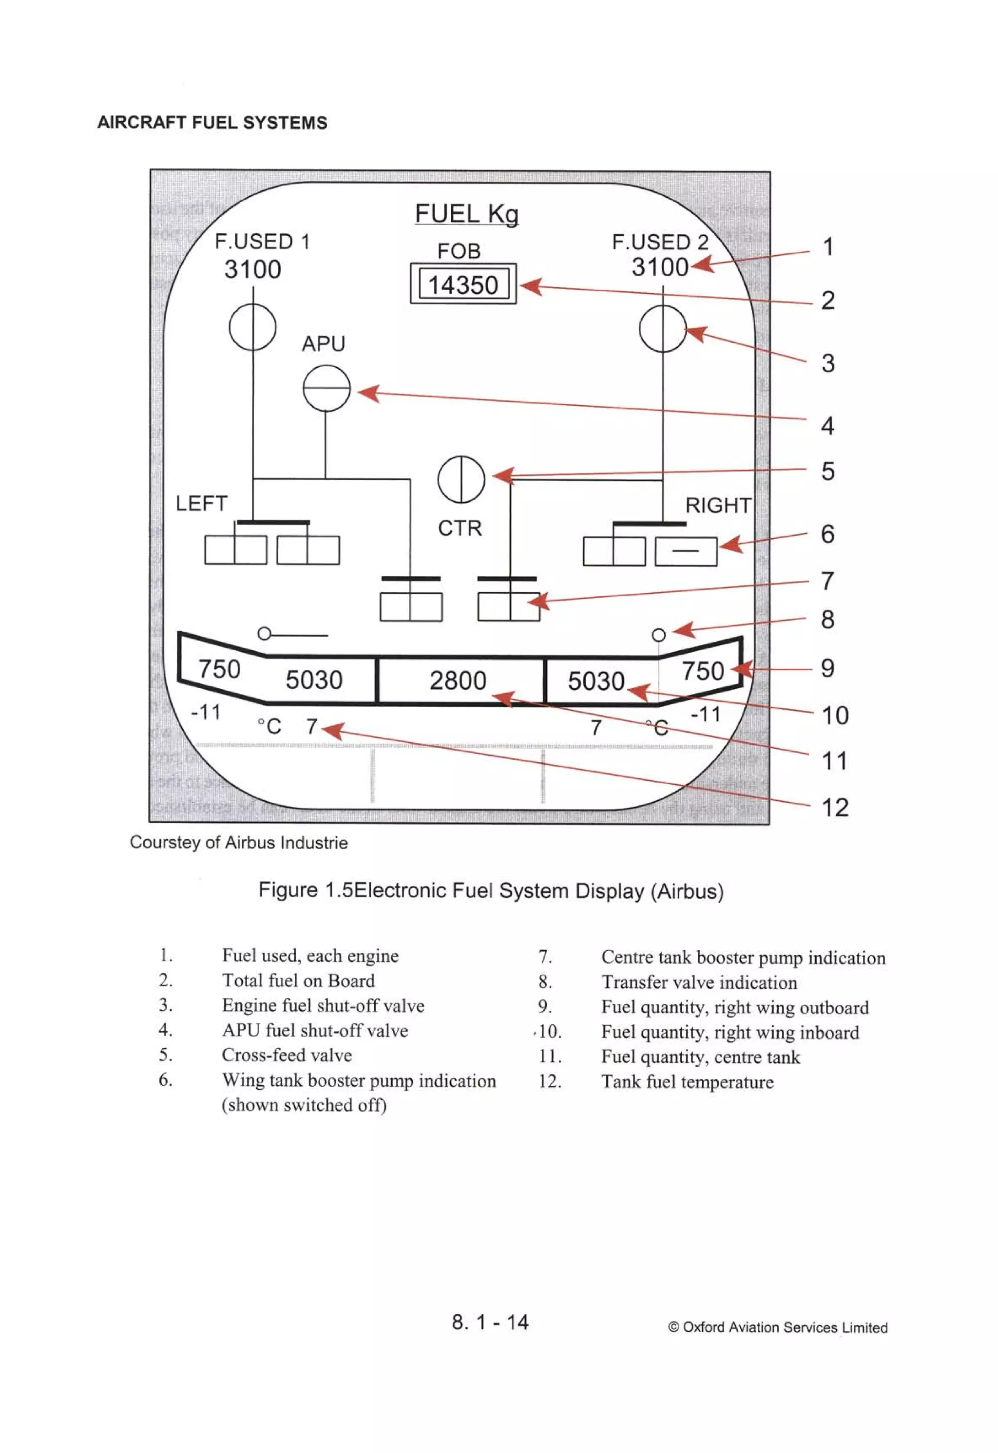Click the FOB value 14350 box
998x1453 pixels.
(x=463, y=285)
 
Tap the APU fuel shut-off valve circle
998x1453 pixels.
(x=326, y=388)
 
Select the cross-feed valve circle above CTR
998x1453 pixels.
(x=461, y=479)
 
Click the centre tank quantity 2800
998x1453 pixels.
(x=458, y=680)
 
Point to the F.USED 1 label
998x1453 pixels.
(x=262, y=241)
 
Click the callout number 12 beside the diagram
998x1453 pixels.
(x=834, y=808)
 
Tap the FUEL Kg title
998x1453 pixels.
(x=466, y=213)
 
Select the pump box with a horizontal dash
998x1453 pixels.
(x=686, y=551)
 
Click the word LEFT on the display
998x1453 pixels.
(x=201, y=503)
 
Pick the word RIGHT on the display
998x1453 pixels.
(x=718, y=505)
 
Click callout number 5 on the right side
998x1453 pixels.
(x=828, y=472)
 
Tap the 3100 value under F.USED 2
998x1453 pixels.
(x=660, y=267)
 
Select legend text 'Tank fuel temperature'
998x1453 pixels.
(x=687, y=1082)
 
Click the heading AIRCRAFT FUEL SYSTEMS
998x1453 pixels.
(x=212, y=123)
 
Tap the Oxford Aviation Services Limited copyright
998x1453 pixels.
(x=777, y=1327)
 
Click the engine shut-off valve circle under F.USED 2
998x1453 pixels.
(x=663, y=329)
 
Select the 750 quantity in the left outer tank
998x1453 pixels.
(x=219, y=669)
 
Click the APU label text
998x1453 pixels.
(x=323, y=344)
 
